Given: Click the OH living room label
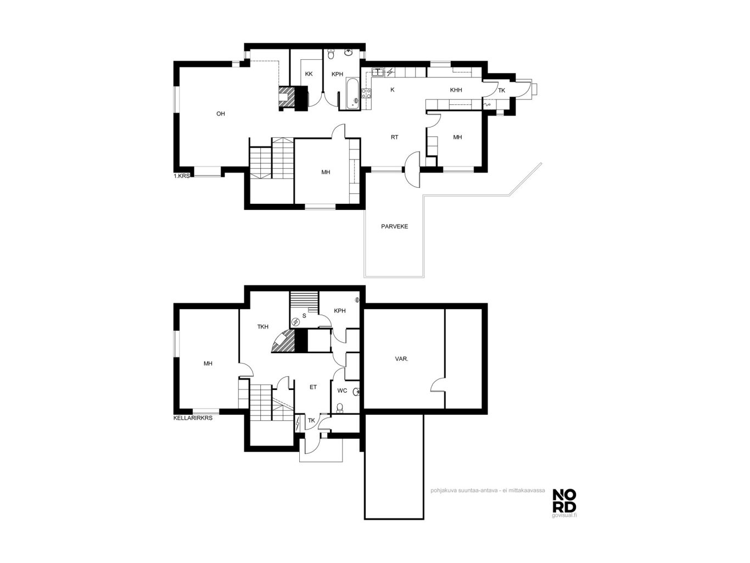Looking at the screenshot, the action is pyautogui.click(x=220, y=114).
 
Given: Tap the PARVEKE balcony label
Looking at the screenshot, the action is pyautogui.click(x=394, y=226).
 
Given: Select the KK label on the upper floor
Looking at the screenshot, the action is pyautogui.click(x=309, y=74).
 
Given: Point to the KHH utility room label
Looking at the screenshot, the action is pyautogui.click(x=456, y=90).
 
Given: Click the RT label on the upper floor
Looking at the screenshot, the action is pyautogui.click(x=394, y=137).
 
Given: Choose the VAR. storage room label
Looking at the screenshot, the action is pyautogui.click(x=401, y=359).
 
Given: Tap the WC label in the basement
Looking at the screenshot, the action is pyautogui.click(x=342, y=391).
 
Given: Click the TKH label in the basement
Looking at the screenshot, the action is pyautogui.click(x=263, y=327).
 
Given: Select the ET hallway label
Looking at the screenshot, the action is pyautogui.click(x=313, y=387).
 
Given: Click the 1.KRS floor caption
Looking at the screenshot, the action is pyautogui.click(x=181, y=176).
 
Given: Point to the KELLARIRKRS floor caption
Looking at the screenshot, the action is pyautogui.click(x=193, y=418).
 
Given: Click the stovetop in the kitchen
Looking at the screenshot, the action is pyautogui.click(x=366, y=93).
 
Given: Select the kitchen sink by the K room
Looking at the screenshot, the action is pyautogui.click(x=378, y=72).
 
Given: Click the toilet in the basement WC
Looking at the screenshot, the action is pyautogui.click(x=340, y=407).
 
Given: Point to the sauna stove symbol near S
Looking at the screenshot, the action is pyautogui.click(x=295, y=322).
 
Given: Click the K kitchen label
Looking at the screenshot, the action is pyautogui.click(x=392, y=90).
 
